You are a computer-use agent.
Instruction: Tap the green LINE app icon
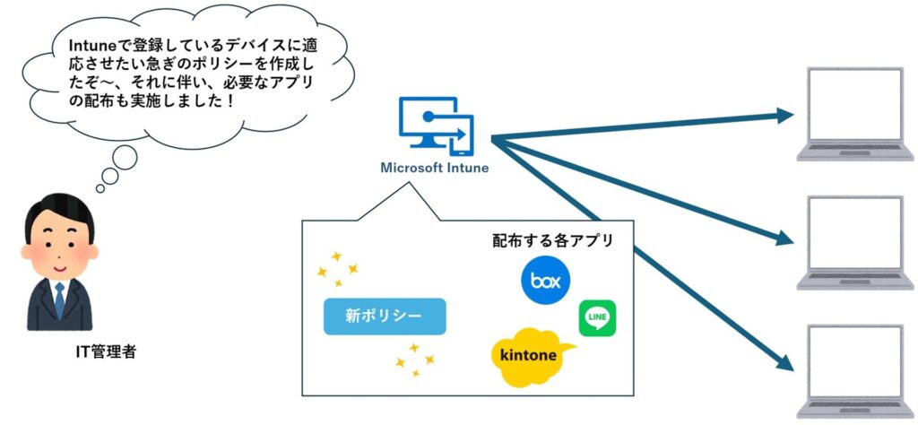coord(597,317)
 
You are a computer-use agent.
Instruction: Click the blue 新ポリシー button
coord(385,316)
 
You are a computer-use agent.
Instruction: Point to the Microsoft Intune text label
coord(435,168)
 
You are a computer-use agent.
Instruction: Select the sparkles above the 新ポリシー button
coord(338,265)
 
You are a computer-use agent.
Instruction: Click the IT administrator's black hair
coord(56,213)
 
